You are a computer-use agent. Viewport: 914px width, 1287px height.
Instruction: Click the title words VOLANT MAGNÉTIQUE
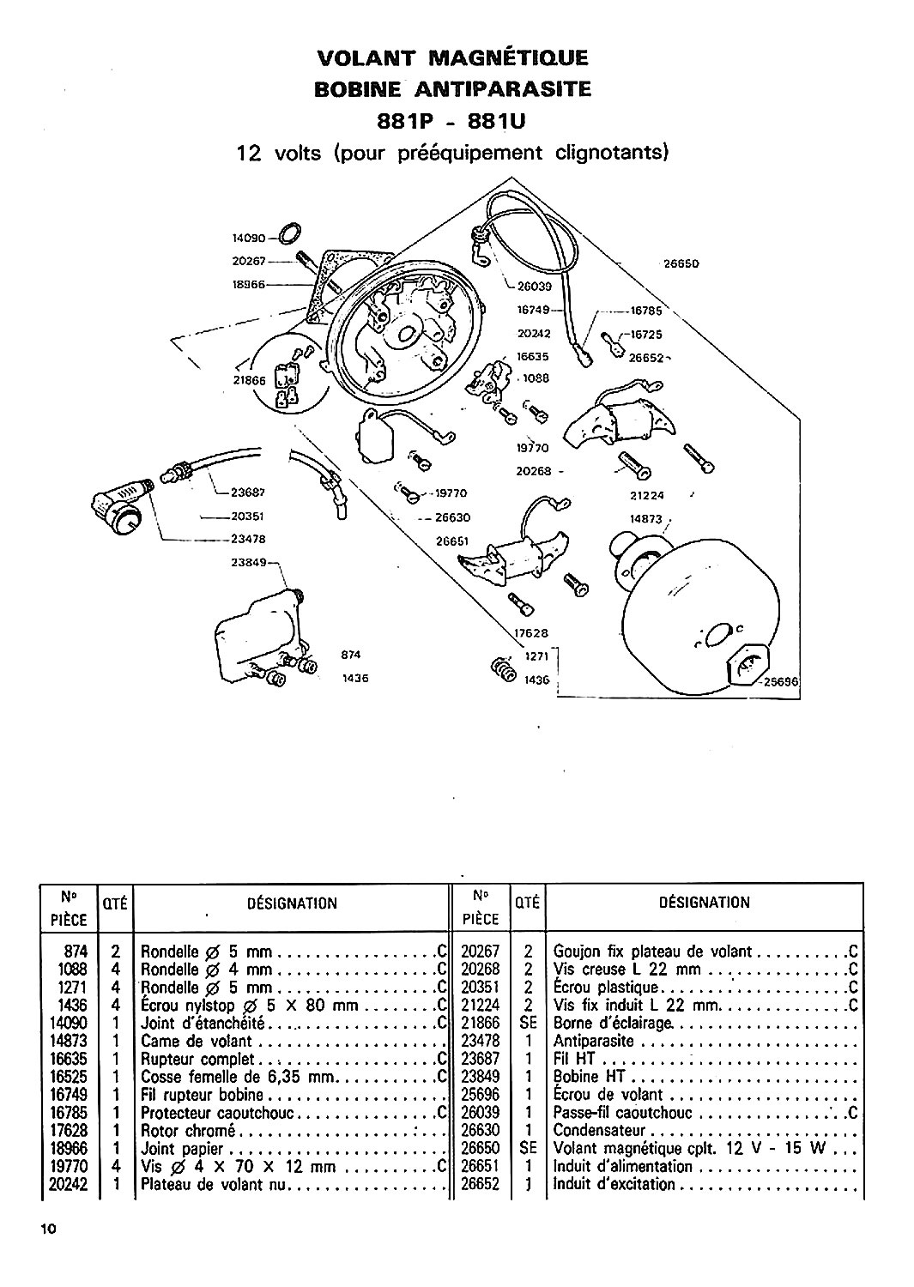[452, 58]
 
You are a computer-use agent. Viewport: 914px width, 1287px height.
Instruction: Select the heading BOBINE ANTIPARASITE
[452, 89]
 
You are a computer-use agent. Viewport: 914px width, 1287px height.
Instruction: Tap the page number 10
[47, 1229]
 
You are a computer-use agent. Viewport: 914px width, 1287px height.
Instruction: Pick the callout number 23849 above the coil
[250, 563]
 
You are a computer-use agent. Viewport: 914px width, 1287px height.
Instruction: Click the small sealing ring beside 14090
[290, 233]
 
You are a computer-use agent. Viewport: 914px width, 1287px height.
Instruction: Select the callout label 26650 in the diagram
[682, 264]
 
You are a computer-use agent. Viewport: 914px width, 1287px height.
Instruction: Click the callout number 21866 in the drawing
[251, 383]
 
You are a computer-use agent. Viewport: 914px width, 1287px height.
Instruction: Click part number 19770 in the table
[70, 1167]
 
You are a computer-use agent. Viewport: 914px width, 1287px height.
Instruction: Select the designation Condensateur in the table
[599, 1131]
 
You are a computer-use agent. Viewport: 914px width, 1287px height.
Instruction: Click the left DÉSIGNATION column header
[291, 903]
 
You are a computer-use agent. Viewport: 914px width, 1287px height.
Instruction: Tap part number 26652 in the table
[480, 1185]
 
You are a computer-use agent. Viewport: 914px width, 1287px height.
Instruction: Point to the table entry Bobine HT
[587, 1077]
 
